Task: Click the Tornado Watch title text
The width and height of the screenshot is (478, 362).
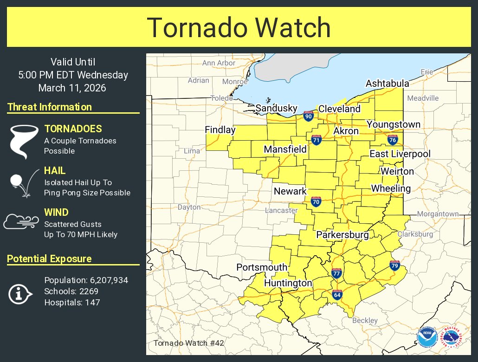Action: point(239,28)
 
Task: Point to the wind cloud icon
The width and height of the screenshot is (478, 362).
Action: point(21,221)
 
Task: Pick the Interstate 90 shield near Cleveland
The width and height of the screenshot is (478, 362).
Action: point(309,116)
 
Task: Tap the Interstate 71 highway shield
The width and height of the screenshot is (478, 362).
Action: point(317,140)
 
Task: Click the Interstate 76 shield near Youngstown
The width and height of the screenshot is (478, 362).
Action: point(393,139)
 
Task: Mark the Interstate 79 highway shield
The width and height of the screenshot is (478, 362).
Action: point(394,265)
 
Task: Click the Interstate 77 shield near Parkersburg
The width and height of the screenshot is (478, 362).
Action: point(337,273)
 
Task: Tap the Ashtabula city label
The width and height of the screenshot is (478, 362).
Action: point(387,84)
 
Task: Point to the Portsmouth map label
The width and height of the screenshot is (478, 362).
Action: point(262,267)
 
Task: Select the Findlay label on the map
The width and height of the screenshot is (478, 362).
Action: point(220,130)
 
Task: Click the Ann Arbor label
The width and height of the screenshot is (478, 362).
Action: point(219,63)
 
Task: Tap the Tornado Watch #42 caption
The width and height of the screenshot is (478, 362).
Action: point(188,343)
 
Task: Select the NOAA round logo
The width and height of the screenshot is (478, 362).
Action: point(426,337)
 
